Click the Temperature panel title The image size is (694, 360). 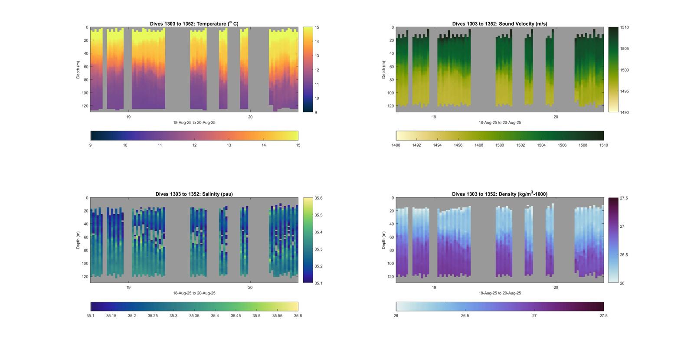pos(194,24)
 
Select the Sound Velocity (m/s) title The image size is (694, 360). pos(499,24)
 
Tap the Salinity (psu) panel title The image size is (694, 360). pos(194,194)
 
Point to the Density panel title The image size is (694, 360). pos(499,194)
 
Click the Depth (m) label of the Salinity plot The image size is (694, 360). pos(79,240)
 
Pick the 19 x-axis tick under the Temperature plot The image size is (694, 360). pos(128,117)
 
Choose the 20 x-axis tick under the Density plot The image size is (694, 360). pos(556,288)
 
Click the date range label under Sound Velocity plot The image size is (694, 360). pos(500,123)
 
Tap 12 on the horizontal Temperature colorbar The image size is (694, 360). pos(194,145)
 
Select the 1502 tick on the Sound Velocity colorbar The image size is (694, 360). pos(520,145)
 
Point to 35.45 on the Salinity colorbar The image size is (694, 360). pos(236,316)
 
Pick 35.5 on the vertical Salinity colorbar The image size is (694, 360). pos(318,215)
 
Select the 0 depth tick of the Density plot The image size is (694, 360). pos(392,198)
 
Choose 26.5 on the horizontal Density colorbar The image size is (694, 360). pos(465,316)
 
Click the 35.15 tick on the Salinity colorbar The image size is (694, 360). pos(111,316)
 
